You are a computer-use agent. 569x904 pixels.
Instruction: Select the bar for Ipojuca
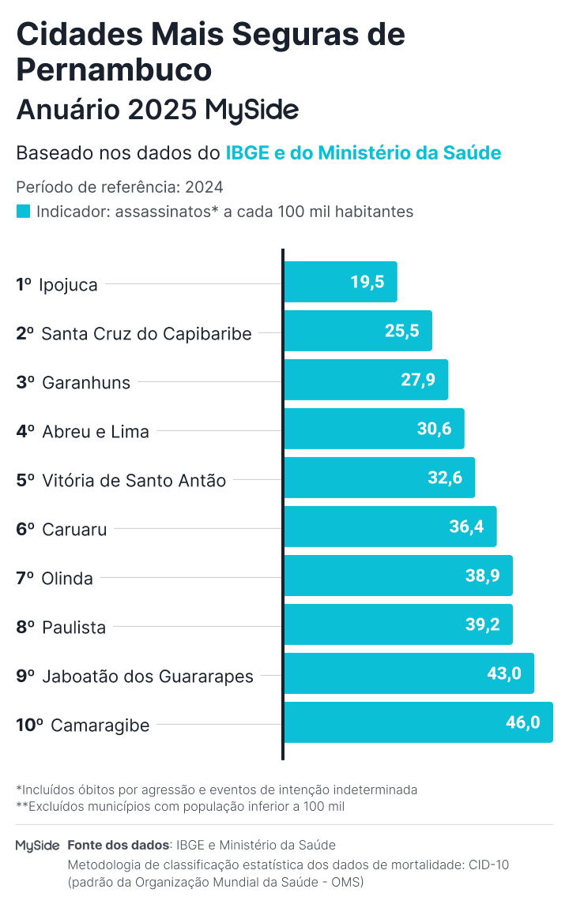340,282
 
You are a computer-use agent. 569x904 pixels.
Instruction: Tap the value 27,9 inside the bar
418,380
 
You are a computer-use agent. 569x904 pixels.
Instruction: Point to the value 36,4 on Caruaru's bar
466,527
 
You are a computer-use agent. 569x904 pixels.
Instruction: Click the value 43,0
504,673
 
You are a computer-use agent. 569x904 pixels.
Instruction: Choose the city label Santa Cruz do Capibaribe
146,334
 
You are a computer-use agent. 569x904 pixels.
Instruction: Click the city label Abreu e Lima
96,431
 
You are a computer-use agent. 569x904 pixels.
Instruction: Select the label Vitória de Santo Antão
134,480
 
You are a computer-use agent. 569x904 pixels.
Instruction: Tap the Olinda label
67,578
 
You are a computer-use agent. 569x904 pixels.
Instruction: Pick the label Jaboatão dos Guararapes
147,676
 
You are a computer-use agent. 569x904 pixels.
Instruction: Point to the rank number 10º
29,725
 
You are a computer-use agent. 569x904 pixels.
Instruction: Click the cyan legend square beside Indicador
24,212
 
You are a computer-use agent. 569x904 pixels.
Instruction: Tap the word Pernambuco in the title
114,69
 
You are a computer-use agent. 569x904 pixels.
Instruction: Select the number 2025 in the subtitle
162,110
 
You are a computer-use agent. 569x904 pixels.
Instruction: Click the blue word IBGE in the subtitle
247,153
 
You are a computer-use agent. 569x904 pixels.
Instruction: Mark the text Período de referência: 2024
119,187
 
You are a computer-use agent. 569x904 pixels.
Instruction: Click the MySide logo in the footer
37,846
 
